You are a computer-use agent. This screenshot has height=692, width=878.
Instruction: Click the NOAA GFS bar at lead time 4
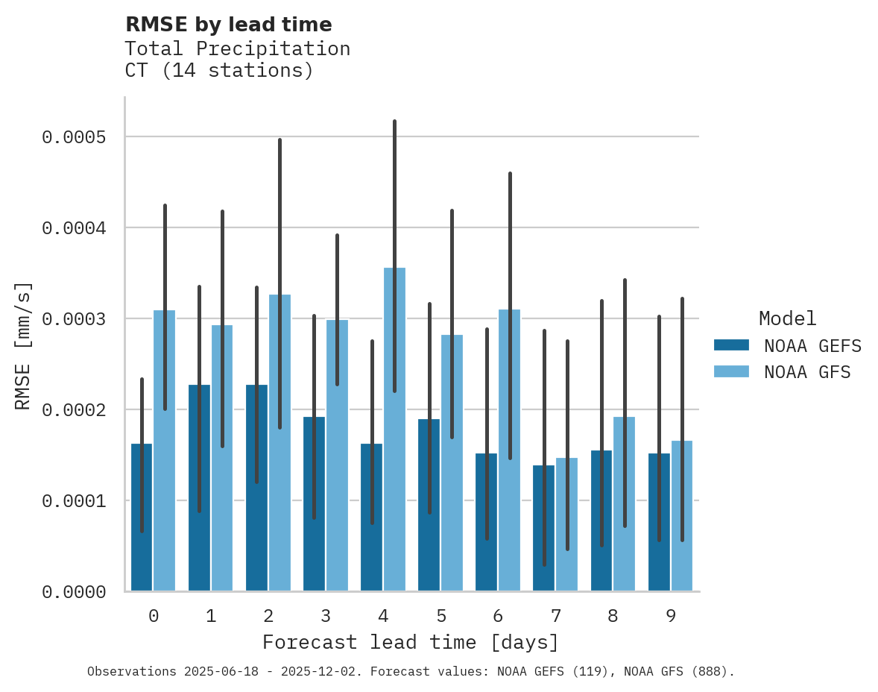[394, 447]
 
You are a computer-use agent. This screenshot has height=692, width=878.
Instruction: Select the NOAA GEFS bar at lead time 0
[142, 537]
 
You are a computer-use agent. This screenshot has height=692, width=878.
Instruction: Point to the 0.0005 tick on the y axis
[73, 137]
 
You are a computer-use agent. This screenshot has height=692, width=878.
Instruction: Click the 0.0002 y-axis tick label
[73, 410]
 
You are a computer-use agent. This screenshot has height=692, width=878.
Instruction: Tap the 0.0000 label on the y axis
[73, 592]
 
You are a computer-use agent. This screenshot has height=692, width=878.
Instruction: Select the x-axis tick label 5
[441, 616]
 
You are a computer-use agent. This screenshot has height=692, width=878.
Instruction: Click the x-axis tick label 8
[613, 616]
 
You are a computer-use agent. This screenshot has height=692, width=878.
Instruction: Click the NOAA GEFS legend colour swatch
[730, 345]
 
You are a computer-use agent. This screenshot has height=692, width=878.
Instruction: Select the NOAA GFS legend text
[807, 371]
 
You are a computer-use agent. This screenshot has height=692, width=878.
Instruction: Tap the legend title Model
[788, 318]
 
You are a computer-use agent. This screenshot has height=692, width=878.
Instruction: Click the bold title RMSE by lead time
[228, 25]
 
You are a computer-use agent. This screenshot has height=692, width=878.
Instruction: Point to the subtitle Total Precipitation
[237, 48]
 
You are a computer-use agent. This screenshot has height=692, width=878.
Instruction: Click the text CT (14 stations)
[218, 71]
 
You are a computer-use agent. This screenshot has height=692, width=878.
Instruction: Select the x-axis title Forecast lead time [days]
[410, 642]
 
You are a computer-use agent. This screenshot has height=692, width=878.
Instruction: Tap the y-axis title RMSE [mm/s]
[23, 346]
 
